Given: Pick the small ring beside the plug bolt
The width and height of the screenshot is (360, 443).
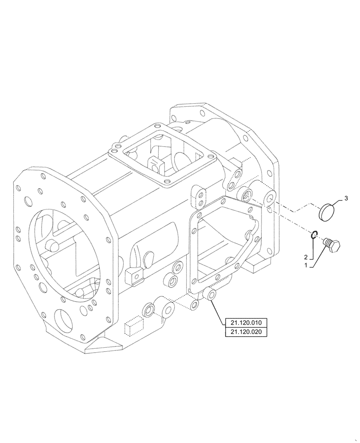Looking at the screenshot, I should [x=313, y=236].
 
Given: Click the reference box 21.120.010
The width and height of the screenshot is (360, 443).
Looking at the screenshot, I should [x=246, y=323].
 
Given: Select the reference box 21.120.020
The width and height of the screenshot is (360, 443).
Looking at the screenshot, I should [x=246, y=332].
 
